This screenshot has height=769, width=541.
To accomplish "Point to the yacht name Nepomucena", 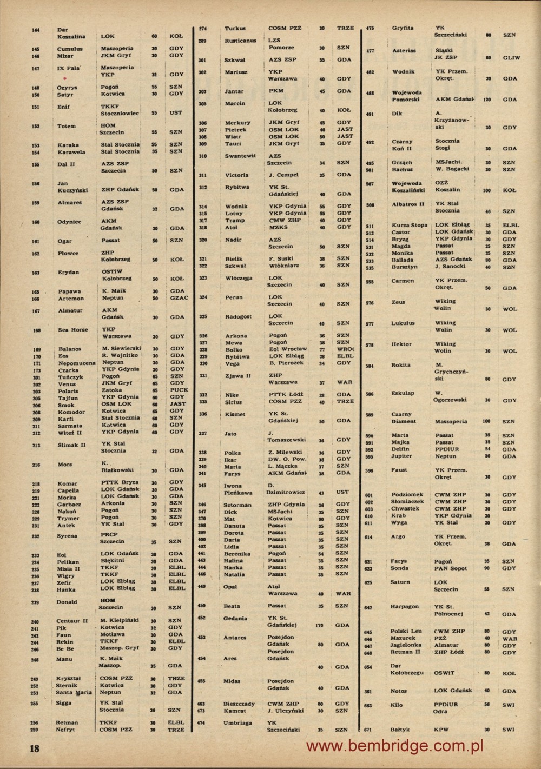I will pos(76,363).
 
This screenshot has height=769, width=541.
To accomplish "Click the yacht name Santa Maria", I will pos(74,692).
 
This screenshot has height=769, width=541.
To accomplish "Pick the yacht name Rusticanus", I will pos(241,41).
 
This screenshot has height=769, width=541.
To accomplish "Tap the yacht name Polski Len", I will pos(406,631).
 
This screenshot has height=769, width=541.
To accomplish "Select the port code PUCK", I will pos(179,390).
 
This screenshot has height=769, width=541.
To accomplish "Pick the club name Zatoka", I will pos(111,390).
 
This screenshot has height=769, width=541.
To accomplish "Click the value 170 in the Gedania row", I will pos(319,625).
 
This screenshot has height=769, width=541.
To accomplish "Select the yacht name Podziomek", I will pos(406,495).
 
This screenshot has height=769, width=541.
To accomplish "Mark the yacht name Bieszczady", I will pos(239,704).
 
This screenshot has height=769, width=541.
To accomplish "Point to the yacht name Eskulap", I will pos(403,393).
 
